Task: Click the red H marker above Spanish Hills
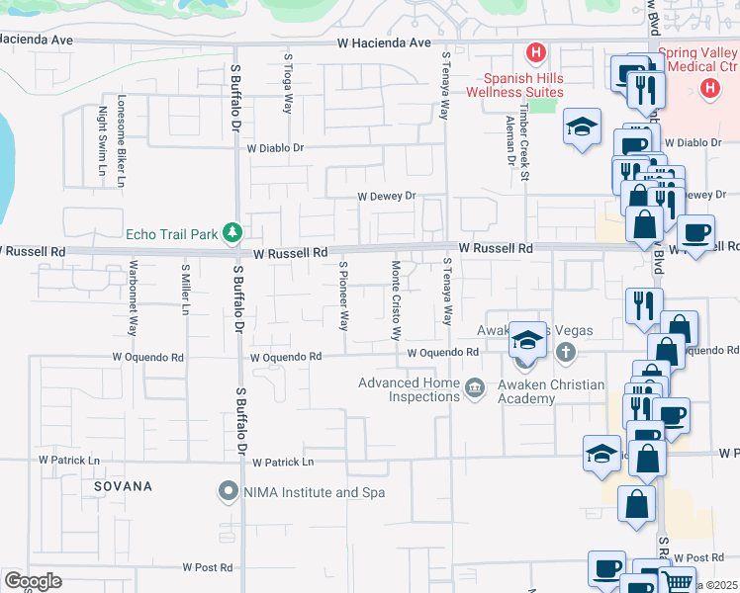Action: (536, 51)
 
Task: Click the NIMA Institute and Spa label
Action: (303, 491)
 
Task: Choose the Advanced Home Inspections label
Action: (409, 389)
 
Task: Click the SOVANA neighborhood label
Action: (124, 486)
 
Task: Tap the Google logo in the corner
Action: (32, 581)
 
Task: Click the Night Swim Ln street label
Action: (102, 143)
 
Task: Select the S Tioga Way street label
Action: (289, 84)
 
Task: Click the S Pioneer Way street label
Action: (344, 295)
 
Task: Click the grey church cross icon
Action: (565, 352)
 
